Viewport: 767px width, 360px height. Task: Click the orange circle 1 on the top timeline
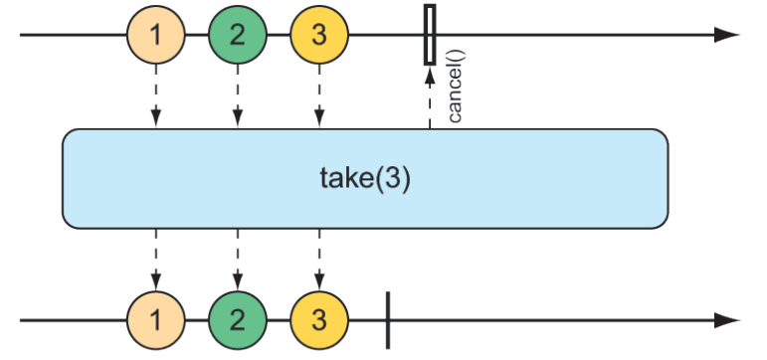[155, 36]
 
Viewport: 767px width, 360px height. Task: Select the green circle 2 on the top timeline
[237, 36]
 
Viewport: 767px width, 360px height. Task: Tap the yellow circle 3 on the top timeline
[319, 36]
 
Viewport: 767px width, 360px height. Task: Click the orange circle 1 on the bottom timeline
[155, 321]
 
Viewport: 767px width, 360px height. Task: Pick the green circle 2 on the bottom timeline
[237, 321]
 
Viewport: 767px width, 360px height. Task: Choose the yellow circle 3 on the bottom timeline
[319, 321]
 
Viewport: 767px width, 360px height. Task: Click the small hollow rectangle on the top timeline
[430, 35]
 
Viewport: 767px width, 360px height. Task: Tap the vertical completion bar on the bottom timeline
[387, 321]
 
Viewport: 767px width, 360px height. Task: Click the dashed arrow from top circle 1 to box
[155, 97]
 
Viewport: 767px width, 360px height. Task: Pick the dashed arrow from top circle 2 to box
[237, 97]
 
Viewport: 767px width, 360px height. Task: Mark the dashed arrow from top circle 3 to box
[319, 97]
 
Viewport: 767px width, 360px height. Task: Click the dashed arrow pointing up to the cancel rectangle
[430, 99]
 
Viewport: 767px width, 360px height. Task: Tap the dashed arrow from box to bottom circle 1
[155, 261]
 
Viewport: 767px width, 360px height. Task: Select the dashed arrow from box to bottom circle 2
[237, 261]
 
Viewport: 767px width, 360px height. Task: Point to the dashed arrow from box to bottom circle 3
[319, 261]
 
